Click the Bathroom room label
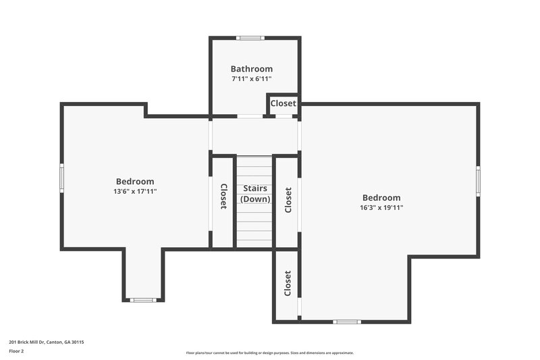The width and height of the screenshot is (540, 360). coord(252,69)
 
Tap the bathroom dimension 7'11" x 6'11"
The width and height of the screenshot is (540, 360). coord(252,79)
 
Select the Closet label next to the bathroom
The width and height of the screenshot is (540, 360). coord(283,103)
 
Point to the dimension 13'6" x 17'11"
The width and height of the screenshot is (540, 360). coord(135,191)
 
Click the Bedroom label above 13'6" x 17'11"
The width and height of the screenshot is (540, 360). coord(135,182)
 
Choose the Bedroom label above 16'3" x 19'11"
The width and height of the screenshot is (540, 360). coord(381,198)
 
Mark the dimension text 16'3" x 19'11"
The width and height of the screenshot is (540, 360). coord(381,208)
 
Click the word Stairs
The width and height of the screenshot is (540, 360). coord(255,188)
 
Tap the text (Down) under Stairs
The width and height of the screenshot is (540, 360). coord(255,199)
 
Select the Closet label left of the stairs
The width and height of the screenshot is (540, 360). coord(223,196)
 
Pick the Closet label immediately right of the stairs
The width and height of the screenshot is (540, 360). coord(288,200)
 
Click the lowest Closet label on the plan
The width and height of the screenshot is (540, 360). coord(288,284)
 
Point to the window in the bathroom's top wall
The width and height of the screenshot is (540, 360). coord(251,38)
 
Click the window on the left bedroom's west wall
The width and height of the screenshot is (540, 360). coord(61,177)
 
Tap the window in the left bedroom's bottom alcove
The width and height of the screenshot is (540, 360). coord(142,300)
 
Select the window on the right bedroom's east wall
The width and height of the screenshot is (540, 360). coord(478,180)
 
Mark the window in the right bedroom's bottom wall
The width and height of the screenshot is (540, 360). coord(347,322)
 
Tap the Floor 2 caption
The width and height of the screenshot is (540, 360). coord(16,351)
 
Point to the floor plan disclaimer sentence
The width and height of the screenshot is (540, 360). coord(269,353)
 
